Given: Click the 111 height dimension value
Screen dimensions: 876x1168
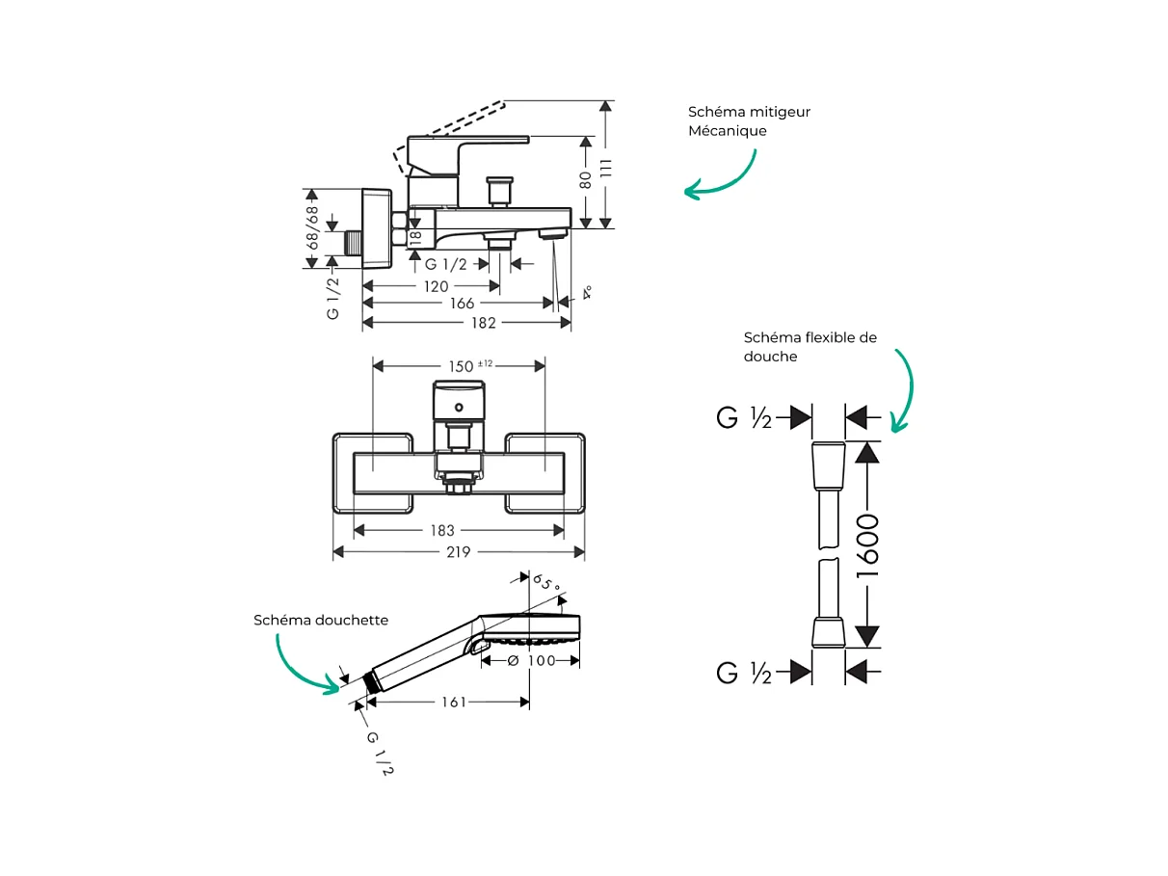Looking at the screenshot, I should tap(605, 167).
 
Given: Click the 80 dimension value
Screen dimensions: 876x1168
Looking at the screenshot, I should tap(585, 180).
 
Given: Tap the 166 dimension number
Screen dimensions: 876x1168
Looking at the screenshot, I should tap(463, 304).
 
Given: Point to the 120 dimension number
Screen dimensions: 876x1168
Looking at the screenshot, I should tap(436, 286).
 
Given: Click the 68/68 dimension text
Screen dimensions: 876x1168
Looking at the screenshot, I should tap(311, 227).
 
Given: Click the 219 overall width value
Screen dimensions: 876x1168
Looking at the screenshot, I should tap(458, 552).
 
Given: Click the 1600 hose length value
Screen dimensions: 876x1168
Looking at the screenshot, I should tap(868, 545).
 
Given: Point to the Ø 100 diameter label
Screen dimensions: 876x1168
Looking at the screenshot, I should tap(531, 660).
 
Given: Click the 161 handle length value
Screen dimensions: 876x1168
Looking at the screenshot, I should tap(454, 703).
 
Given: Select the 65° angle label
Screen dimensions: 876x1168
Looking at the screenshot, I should tap(546, 584).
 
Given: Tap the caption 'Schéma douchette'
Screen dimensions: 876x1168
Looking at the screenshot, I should tap(321, 620).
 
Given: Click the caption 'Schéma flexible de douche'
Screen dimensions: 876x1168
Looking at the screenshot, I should tap(810, 347).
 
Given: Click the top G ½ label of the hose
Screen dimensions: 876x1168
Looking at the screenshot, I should tap(744, 417).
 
